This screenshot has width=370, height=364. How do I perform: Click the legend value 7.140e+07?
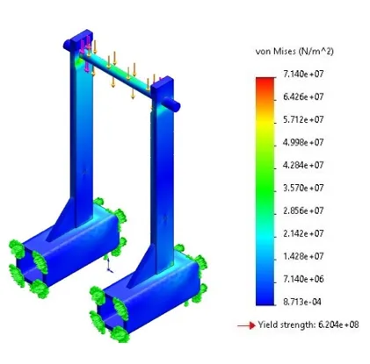pos(303,74)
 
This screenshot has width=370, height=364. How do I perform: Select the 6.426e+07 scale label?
pos(303,96)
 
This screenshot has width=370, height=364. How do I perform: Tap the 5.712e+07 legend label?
pos(303,119)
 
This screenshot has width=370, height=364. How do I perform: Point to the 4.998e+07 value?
pos(303,142)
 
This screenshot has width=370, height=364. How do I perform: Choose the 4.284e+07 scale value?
pos(303,165)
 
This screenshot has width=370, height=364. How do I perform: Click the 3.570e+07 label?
pos(303,188)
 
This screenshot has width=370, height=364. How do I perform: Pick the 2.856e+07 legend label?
pos(303,211)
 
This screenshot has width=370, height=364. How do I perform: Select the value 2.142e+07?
pos(303,233)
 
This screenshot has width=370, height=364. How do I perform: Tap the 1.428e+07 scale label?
pos(303,256)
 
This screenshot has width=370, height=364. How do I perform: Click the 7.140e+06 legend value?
pos(303,279)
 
